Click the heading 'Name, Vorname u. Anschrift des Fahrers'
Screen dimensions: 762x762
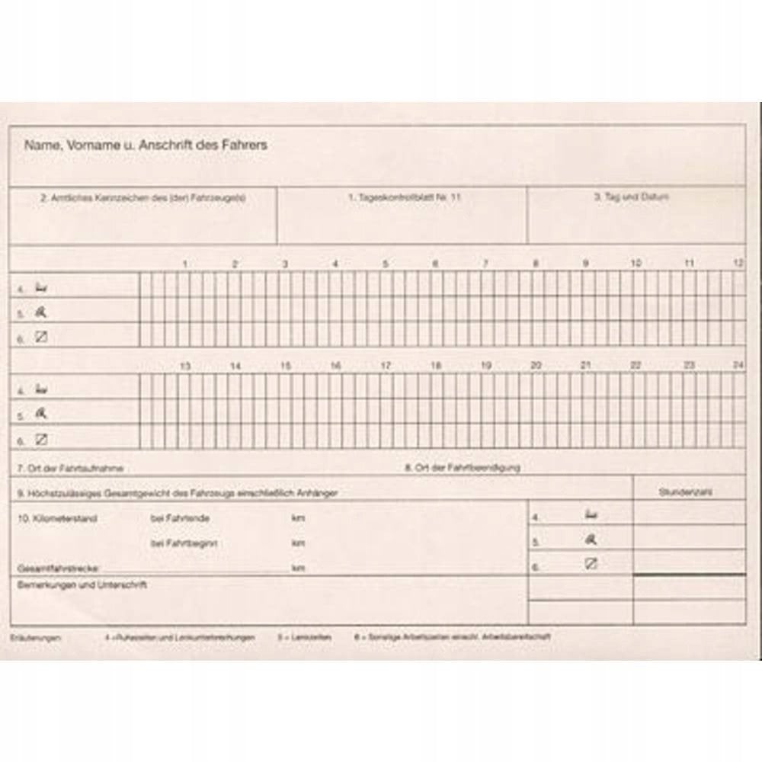146,144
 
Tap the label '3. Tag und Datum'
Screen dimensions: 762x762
631,196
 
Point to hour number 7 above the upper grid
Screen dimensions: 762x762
485,264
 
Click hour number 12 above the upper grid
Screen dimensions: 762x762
738,263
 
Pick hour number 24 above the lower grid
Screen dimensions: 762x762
738,366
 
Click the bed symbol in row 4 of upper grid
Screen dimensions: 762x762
42,287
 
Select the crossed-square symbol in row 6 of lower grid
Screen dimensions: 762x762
42,439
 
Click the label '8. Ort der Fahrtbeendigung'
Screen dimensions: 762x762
462,467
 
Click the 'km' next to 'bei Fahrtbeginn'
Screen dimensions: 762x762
298,543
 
